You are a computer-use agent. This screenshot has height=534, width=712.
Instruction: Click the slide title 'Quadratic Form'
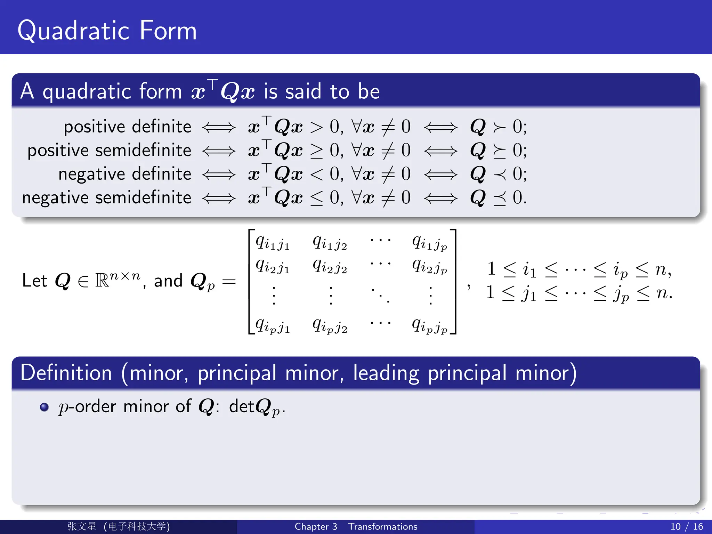click(107, 31)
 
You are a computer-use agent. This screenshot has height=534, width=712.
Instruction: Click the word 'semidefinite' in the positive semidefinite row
click(143, 151)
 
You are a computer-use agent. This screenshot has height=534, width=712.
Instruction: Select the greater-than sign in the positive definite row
click(316, 127)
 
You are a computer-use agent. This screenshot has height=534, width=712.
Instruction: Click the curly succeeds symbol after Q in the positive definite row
click(499, 127)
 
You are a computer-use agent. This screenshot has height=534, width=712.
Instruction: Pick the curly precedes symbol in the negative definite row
click(499, 174)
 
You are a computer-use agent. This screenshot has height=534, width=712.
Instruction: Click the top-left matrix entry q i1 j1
click(273, 242)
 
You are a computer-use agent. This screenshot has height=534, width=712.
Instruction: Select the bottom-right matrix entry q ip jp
click(430, 326)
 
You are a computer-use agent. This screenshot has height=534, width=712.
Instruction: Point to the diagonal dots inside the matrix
click(380, 296)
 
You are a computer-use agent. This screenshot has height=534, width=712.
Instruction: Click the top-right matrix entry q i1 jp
click(430, 242)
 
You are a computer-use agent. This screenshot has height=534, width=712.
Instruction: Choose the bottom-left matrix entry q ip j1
click(273, 326)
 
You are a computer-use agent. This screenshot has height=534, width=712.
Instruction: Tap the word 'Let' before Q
click(34, 281)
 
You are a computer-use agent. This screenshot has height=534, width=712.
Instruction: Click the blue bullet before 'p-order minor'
click(44, 407)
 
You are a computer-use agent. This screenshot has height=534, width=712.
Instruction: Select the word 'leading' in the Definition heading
click(386, 373)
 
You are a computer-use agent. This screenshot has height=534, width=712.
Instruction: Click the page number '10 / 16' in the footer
click(686, 527)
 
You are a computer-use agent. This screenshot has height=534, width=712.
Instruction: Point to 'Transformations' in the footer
click(382, 527)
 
